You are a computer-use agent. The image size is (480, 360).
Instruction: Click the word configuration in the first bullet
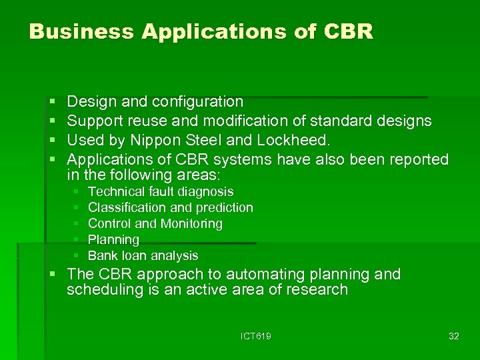point(197,102)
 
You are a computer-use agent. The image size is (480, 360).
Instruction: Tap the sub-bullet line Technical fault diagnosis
point(161,192)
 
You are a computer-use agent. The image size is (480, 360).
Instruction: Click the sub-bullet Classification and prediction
point(170,208)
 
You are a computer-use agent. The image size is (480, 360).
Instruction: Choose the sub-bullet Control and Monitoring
point(155,224)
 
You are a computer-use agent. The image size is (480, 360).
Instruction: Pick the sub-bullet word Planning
point(113,240)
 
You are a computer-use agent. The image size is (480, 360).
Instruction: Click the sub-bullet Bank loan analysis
point(143,256)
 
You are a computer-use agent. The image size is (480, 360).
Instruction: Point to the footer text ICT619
point(255,336)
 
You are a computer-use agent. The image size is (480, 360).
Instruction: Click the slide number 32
point(453,336)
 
